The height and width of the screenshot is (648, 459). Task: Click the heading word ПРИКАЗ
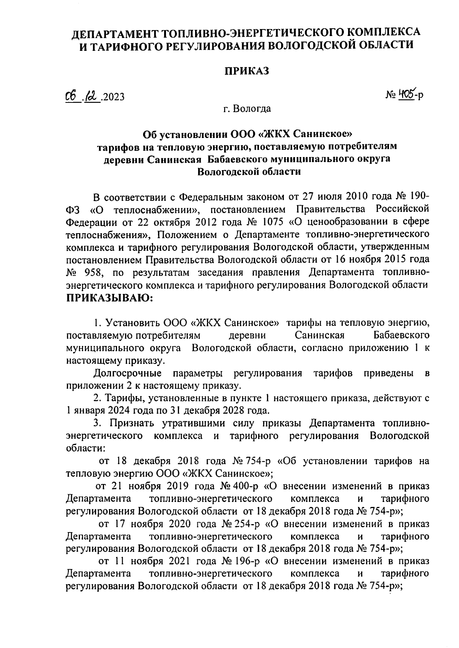click(x=247, y=71)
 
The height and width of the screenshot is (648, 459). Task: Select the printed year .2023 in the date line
click(x=113, y=97)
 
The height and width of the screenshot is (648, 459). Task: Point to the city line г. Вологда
click(x=247, y=109)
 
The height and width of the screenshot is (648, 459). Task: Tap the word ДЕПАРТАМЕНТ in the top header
click(x=114, y=33)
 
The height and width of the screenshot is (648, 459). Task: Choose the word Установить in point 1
click(x=133, y=323)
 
